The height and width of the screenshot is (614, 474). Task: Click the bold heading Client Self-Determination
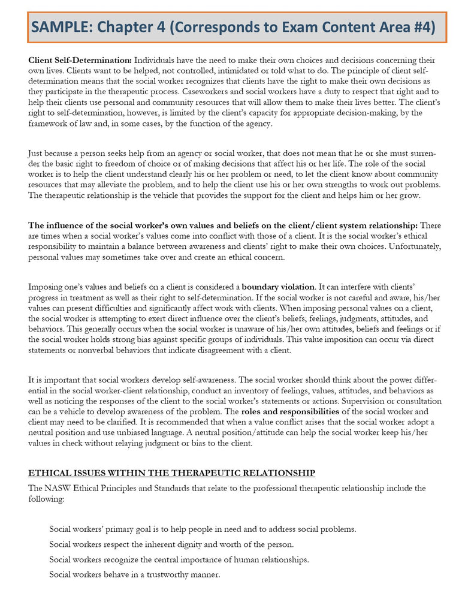click(x=80, y=61)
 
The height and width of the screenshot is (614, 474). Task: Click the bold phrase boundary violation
click(x=278, y=287)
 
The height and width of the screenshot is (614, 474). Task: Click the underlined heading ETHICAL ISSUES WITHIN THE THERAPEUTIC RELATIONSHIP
click(x=171, y=473)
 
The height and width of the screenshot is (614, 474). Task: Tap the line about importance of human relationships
click(x=179, y=559)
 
